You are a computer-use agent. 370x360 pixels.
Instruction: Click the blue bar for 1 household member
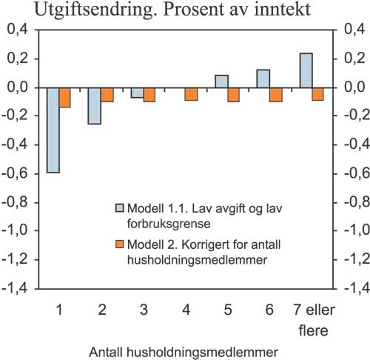[x=53, y=130]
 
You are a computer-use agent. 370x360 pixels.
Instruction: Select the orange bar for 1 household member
[x=65, y=97]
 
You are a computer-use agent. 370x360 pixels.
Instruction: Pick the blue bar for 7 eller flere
[x=306, y=70]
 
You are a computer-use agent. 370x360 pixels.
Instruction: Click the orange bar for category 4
[x=192, y=93]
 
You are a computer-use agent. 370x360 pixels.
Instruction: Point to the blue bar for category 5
[x=222, y=81]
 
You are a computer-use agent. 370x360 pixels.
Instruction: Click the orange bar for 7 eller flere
[x=318, y=93]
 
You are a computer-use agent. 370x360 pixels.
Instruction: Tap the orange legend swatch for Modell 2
[x=118, y=244]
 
